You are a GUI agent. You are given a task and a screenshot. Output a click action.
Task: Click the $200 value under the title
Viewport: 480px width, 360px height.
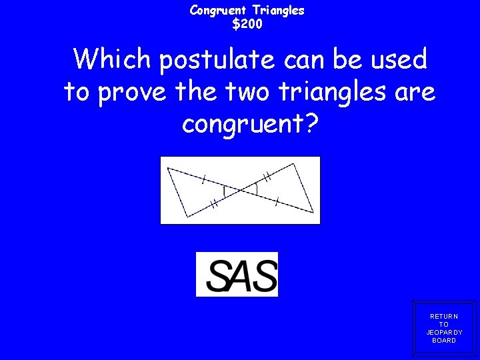[x=247, y=25]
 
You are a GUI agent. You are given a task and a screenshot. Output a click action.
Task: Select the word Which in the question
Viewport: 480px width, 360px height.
[x=113, y=60]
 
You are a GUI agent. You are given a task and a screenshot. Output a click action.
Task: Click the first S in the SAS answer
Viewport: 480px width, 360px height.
[x=219, y=275]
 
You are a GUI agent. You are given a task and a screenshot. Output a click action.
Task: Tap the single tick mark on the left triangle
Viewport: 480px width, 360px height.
[x=204, y=178]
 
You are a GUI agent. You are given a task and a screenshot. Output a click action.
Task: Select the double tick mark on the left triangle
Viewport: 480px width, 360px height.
[x=214, y=205]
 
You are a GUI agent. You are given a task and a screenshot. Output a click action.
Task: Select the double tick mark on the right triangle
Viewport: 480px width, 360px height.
[x=267, y=177]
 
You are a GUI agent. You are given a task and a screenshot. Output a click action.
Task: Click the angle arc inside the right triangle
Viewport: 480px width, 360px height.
[x=257, y=189]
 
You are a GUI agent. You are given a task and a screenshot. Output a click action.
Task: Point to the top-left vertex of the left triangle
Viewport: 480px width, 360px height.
[x=168, y=167]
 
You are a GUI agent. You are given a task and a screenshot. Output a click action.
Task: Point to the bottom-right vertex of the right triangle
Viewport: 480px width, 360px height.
[x=313, y=212]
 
